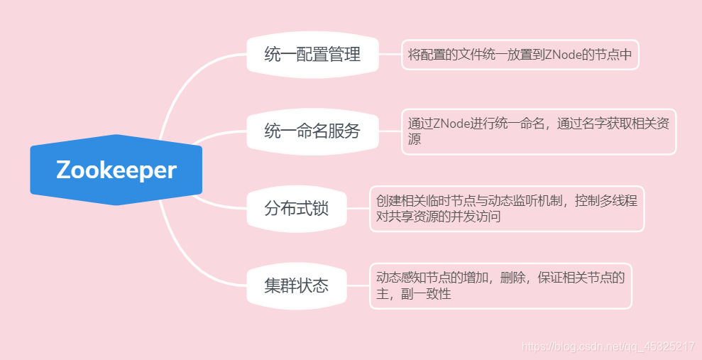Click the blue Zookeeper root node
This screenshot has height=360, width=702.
pos(116,170)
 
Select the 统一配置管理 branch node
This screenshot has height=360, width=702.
pos(312,55)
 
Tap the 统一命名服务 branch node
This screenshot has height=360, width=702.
pos(312,131)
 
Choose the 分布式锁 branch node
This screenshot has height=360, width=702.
pos(297,209)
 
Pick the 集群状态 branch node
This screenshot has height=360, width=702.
pos(297,285)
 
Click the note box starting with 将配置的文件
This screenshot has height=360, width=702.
pos(520,55)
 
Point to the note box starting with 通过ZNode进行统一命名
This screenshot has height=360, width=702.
pos(539,131)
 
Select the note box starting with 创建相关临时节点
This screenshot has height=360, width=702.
pos(507,209)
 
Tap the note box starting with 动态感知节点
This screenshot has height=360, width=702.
pos(500,285)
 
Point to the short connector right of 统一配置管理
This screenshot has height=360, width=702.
pos(390,55)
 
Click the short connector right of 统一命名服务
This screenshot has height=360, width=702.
pos(390,131)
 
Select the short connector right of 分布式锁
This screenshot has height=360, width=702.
pos(358,209)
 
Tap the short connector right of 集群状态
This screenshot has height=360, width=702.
pos(358,285)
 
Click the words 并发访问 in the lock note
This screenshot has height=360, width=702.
pos(474,217)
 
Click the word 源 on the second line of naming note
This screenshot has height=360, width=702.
pos(415,139)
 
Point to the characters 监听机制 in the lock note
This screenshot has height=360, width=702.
pos(546,201)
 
